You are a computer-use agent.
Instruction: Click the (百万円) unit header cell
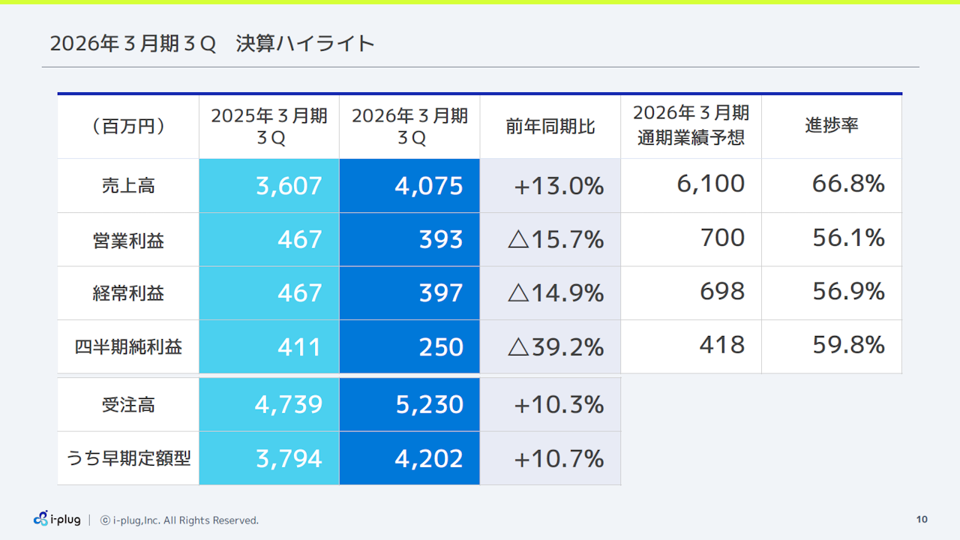pos(128,126)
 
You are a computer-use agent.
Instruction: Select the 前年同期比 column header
pos(550,126)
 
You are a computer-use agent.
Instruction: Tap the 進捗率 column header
pos(831,125)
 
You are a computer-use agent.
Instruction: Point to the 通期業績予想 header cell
pos(691,126)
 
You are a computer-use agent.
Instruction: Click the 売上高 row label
pos(128,185)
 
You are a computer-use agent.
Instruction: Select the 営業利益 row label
pos(128,240)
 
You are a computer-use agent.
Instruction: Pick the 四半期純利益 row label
pos(128,347)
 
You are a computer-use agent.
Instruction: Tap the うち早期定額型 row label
pos(128,458)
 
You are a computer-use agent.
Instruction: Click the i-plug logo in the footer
pos(57,519)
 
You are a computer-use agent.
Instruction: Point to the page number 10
pos(922,520)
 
